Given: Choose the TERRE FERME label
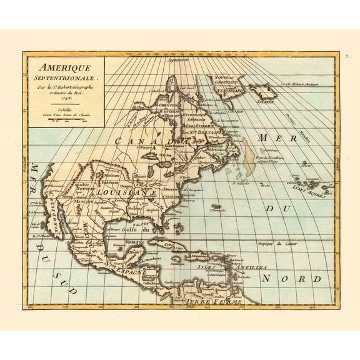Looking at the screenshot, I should (x=205, y=302).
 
